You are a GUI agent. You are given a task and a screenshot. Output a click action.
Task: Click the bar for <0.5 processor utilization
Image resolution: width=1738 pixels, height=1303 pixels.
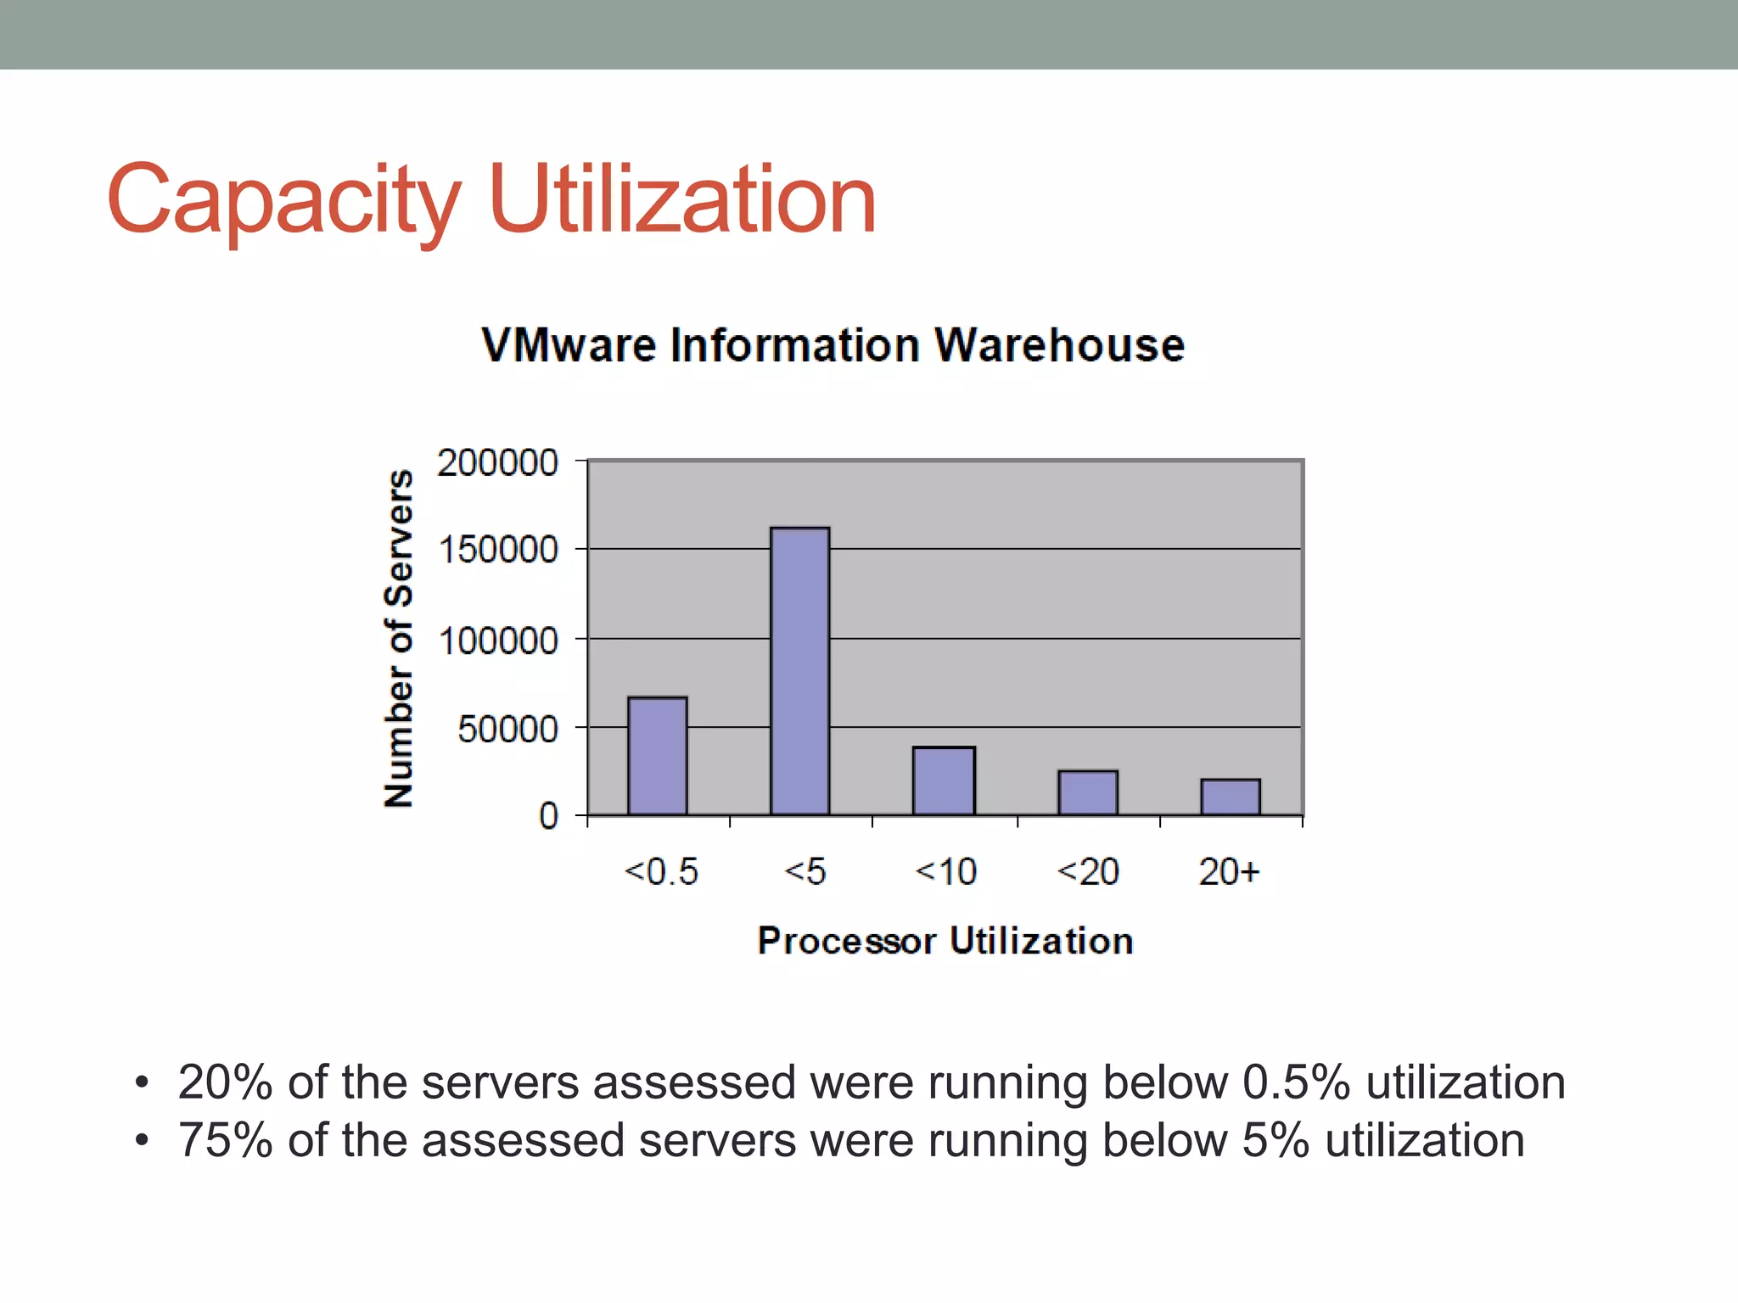point(658,756)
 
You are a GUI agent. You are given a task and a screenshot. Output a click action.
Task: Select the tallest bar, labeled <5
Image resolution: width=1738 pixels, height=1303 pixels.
point(800,671)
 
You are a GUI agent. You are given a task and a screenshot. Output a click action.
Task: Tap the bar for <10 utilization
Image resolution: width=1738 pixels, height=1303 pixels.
point(944,780)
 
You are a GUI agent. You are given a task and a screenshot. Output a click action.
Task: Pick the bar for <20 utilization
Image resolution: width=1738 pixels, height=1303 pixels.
point(1088,792)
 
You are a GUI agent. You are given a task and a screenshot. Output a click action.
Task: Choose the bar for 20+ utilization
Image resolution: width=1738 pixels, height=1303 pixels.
point(1231,797)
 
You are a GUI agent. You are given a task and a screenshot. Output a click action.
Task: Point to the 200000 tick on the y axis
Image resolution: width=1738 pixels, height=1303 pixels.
point(497,463)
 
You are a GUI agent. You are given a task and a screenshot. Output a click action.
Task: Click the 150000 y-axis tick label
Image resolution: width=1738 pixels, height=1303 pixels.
point(498,551)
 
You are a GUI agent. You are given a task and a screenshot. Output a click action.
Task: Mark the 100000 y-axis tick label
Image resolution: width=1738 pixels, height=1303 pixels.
point(498,640)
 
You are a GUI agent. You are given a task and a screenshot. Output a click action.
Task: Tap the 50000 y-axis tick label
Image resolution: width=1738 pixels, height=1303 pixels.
point(507,730)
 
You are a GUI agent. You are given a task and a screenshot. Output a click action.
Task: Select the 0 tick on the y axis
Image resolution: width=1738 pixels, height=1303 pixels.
point(548,817)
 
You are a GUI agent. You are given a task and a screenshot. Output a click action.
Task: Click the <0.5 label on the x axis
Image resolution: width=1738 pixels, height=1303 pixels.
point(661,872)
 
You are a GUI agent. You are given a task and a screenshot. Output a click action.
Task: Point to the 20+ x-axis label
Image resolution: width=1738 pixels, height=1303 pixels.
point(1229,872)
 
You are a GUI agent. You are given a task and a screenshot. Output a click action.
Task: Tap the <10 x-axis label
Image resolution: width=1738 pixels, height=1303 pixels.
point(945,872)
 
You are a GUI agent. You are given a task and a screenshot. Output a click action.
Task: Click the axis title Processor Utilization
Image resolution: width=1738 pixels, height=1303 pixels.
point(945,941)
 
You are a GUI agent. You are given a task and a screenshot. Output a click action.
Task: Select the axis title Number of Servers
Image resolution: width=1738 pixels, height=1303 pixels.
point(399,638)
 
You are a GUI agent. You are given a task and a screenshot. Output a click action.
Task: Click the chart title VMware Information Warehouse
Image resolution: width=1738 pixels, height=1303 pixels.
point(833,345)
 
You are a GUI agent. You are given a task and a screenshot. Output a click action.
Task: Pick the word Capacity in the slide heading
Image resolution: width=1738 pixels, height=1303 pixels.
point(283,200)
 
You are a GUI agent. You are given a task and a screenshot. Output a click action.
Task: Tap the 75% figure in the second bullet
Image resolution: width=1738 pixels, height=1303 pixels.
point(225,1140)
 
